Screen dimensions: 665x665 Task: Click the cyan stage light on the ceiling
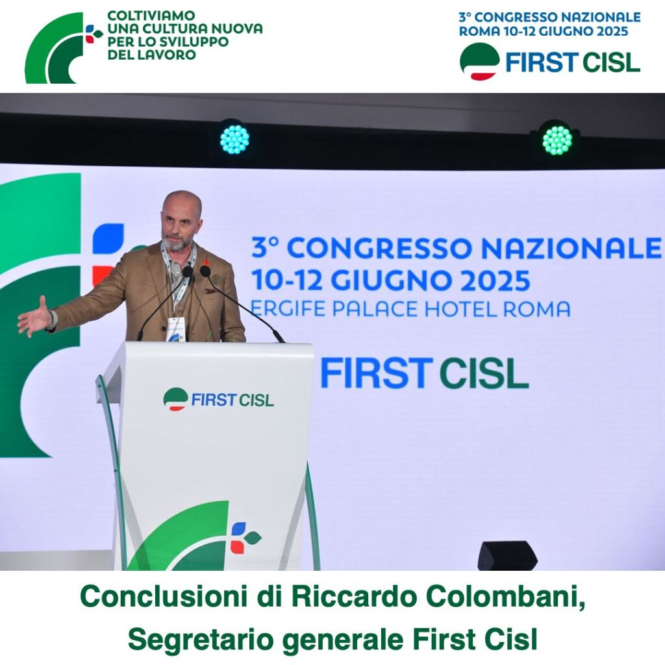tap(234, 140)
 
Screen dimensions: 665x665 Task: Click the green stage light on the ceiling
tap(557, 140)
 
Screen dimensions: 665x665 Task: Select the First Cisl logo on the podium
tap(218, 399)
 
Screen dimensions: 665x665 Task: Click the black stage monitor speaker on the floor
tap(507, 555)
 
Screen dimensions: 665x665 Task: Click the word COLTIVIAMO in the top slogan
tap(151, 16)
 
